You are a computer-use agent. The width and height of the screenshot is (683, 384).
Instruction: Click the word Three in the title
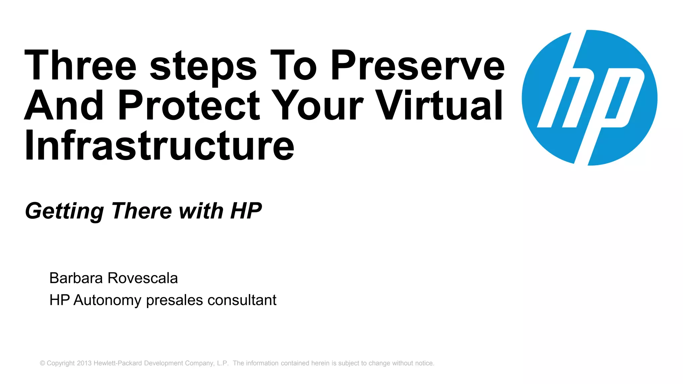pos(80,65)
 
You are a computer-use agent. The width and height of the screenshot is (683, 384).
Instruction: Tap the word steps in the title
pos(203,67)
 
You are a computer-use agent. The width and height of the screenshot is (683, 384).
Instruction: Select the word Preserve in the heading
pos(418,65)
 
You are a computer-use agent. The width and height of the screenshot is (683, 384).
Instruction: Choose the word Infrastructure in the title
pos(159,145)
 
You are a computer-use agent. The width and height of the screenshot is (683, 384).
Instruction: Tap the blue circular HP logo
pos(589,98)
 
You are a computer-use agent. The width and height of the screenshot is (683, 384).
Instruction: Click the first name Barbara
pos(76,278)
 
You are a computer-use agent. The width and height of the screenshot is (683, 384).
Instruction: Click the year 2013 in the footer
pos(84,363)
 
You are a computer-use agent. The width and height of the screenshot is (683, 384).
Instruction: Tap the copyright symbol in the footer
pos(42,363)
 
